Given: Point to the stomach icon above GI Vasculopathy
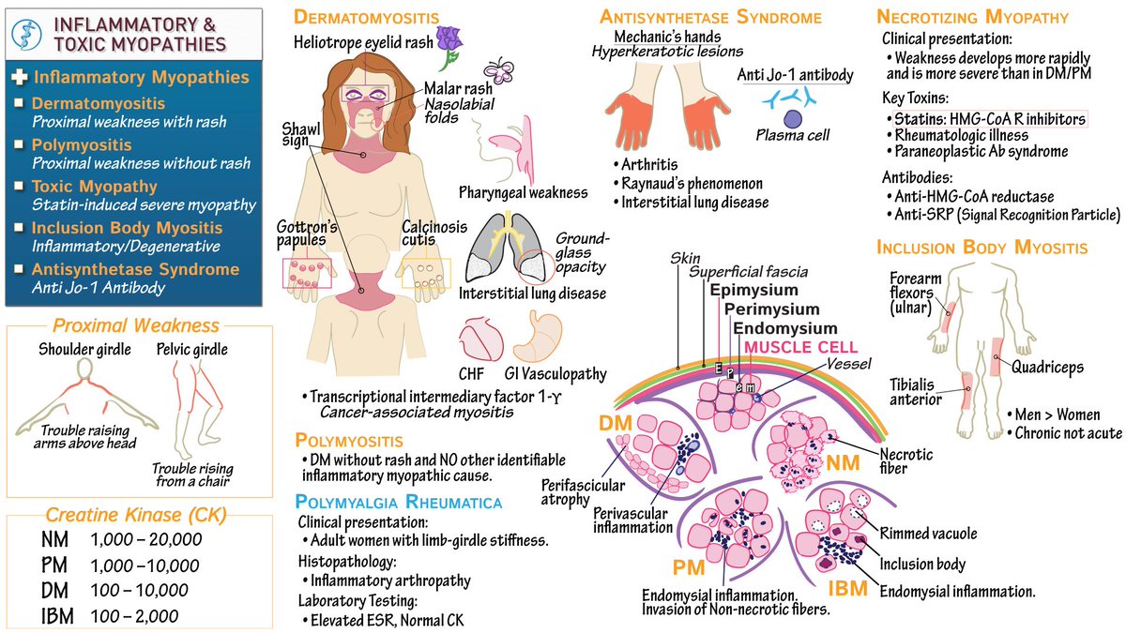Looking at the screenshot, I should pyautogui.click(x=537, y=339).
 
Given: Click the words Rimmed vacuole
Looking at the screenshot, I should pyautogui.click(x=927, y=535).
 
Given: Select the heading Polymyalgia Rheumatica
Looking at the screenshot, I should pyautogui.click(x=399, y=503).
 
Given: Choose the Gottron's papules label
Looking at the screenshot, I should pyautogui.click(x=306, y=233).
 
